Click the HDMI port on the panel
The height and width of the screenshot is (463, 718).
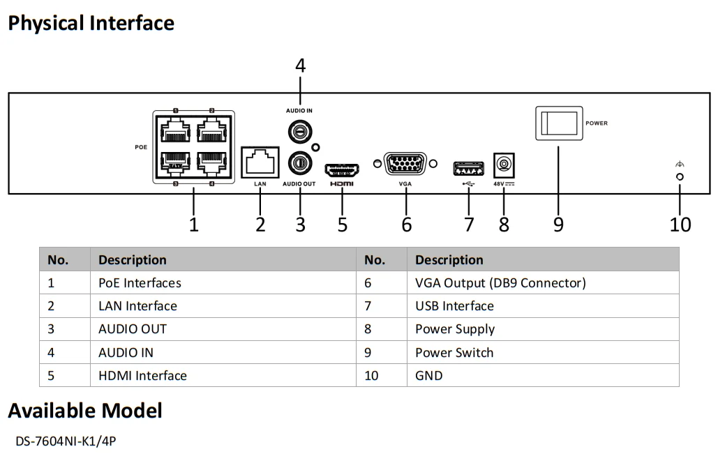pyautogui.click(x=342, y=169)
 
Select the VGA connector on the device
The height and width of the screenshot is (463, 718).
pyautogui.click(x=405, y=164)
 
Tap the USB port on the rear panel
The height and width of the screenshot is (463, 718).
pyautogui.click(x=468, y=168)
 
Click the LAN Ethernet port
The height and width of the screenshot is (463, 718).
pyautogui.click(x=260, y=162)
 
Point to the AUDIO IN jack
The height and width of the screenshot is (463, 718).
pyautogui.click(x=301, y=130)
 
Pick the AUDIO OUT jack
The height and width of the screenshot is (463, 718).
pyautogui.click(x=301, y=162)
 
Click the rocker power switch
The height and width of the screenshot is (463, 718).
pyautogui.click(x=558, y=123)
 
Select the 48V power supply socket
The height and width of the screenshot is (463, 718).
pyautogui.click(x=502, y=165)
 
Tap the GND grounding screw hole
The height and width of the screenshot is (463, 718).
pyautogui.click(x=680, y=176)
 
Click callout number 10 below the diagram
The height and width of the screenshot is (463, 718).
pyautogui.click(x=680, y=225)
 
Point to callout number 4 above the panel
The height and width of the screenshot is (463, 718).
pyautogui.click(x=300, y=66)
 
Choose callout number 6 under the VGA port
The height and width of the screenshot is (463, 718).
pyautogui.click(x=406, y=225)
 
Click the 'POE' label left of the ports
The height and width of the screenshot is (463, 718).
pyautogui.click(x=141, y=148)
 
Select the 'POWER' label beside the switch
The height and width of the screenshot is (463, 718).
pyautogui.click(x=597, y=123)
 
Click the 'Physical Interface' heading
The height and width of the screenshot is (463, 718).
pyautogui.click(x=91, y=23)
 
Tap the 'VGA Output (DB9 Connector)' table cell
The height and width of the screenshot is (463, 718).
pyautogui.click(x=500, y=283)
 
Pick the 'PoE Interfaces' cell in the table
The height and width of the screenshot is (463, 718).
pyautogui.click(x=140, y=283)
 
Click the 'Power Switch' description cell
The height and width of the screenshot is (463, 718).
pyautogui.click(x=454, y=352)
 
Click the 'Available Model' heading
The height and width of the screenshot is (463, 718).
pyautogui.click(x=85, y=411)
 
